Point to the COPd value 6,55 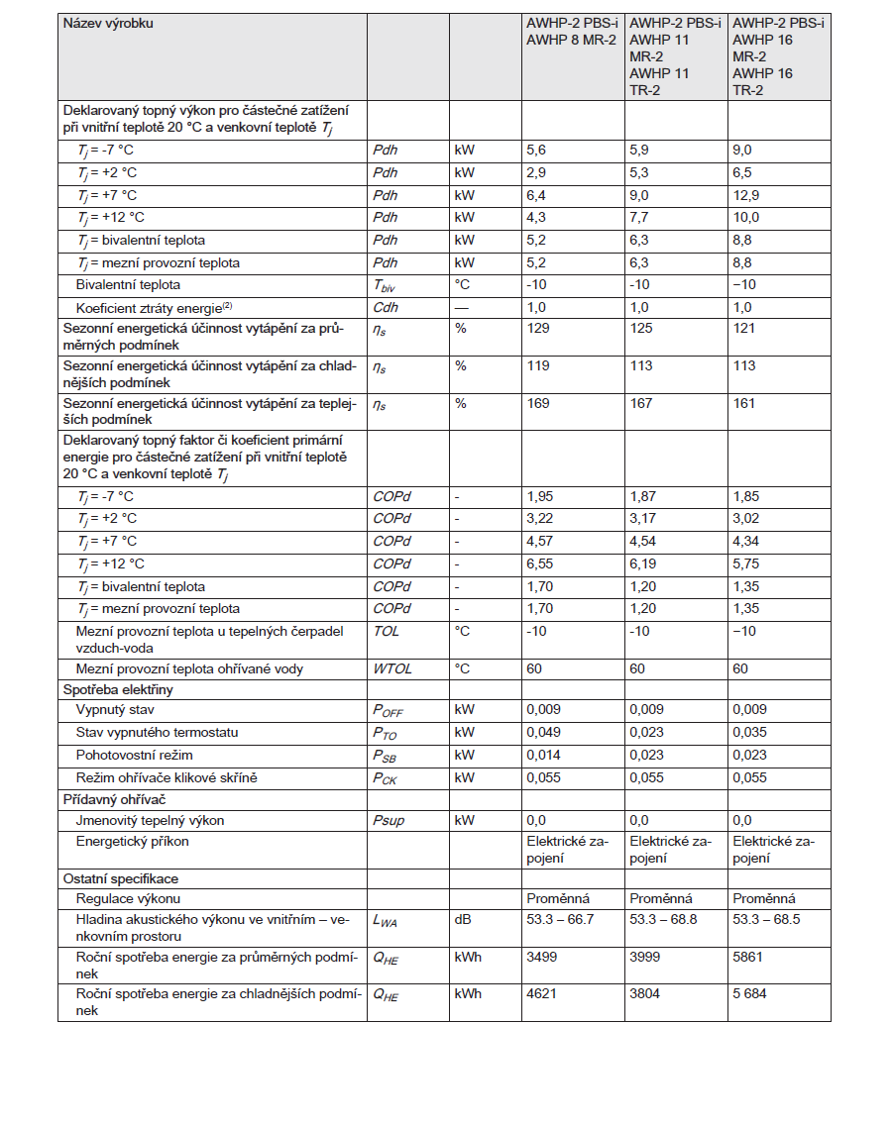[x=540, y=563]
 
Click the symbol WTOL [x=392, y=668]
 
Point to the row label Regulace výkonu [x=128, y=898]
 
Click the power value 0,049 [x=543, y=733]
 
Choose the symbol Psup [x=389, y=820]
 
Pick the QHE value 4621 [x=541, y=993]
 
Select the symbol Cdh [x=385, y=308]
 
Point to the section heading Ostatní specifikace [x=120, y=878]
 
